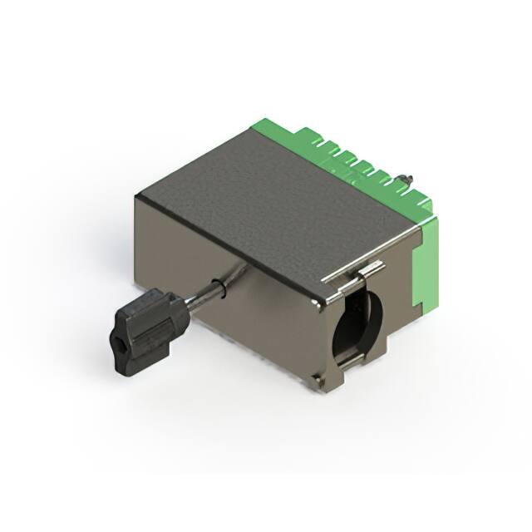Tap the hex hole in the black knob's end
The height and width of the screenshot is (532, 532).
(x=120, y=342)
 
